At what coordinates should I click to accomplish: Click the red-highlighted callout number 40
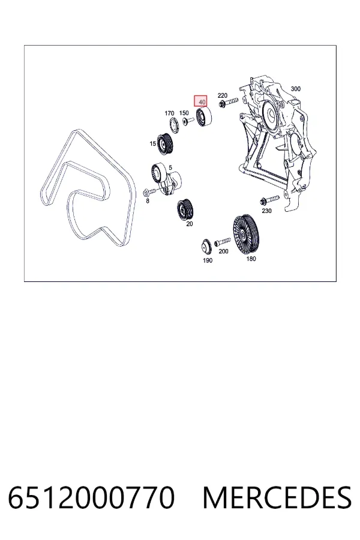[202, 102]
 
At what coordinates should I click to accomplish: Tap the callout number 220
[223, 95]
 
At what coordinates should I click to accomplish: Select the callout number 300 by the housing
[296, 89]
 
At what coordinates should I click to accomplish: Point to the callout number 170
[169, 113]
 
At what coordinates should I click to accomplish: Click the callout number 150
[184, 113]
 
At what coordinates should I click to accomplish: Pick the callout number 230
[266, 211]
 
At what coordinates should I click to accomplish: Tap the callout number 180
[251, 259]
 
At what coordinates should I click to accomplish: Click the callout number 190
[208, 260]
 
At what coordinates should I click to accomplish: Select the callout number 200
[224, 251]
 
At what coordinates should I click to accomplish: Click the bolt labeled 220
[228, 102]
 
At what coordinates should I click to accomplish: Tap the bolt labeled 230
[270, 199]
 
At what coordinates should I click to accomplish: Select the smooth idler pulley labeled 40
[203, 117]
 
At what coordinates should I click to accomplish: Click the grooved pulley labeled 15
[164, 143]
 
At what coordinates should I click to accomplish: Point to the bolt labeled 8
[147, 193]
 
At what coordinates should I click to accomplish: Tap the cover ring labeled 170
[174, 125]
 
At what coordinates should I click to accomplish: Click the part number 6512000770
[91, 497]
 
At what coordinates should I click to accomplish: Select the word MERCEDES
[277, 497]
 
